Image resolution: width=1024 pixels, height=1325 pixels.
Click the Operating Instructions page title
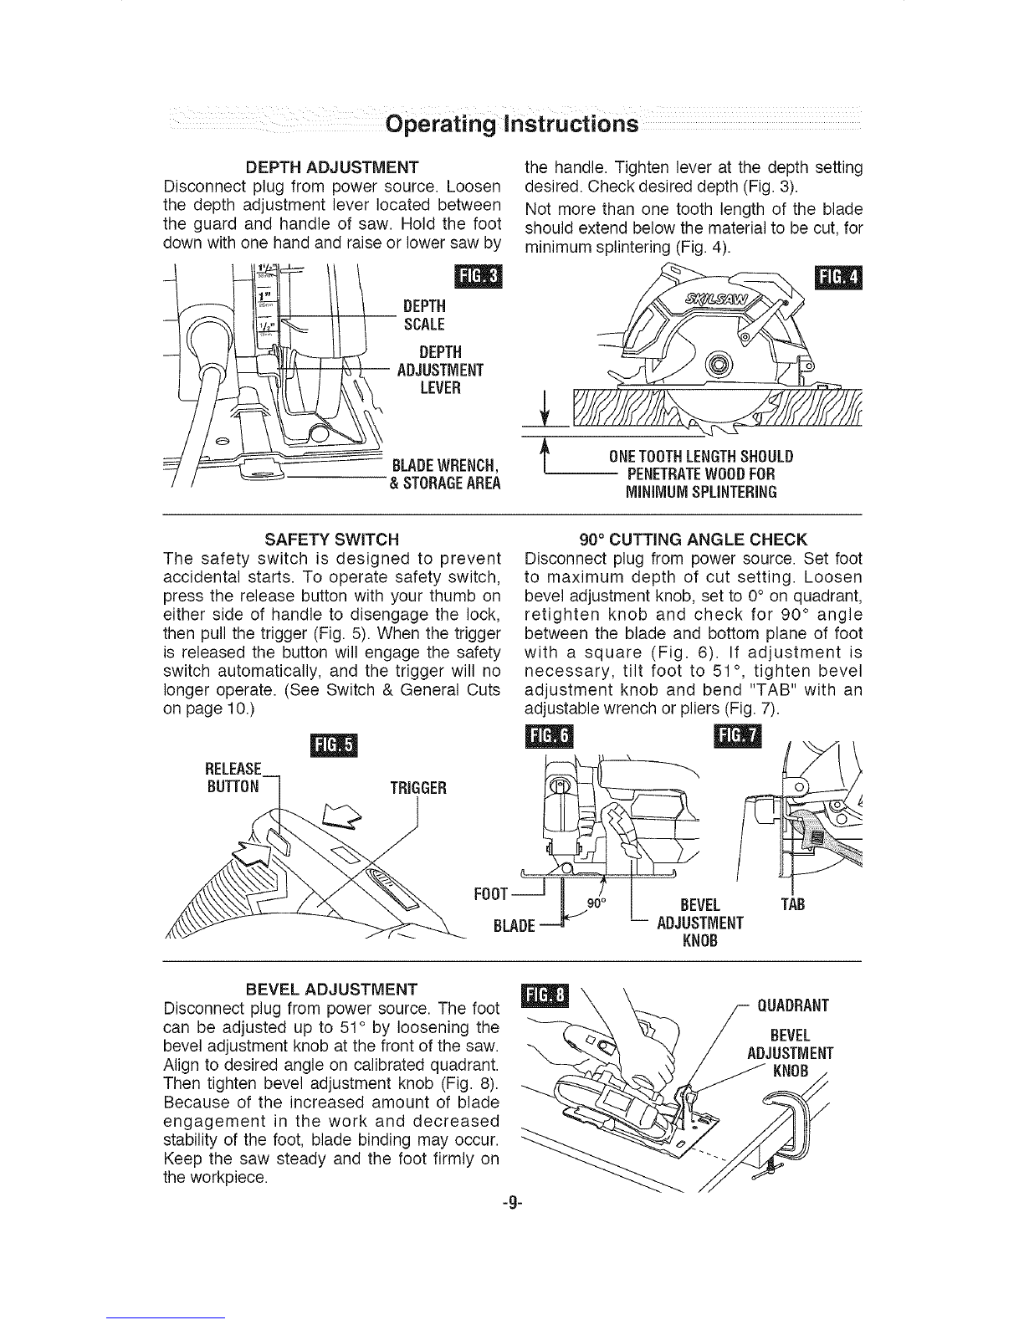[512, 125]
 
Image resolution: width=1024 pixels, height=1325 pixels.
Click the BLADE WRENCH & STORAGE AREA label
[445, 474]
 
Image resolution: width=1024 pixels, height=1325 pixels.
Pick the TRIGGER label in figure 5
[419, 788]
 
